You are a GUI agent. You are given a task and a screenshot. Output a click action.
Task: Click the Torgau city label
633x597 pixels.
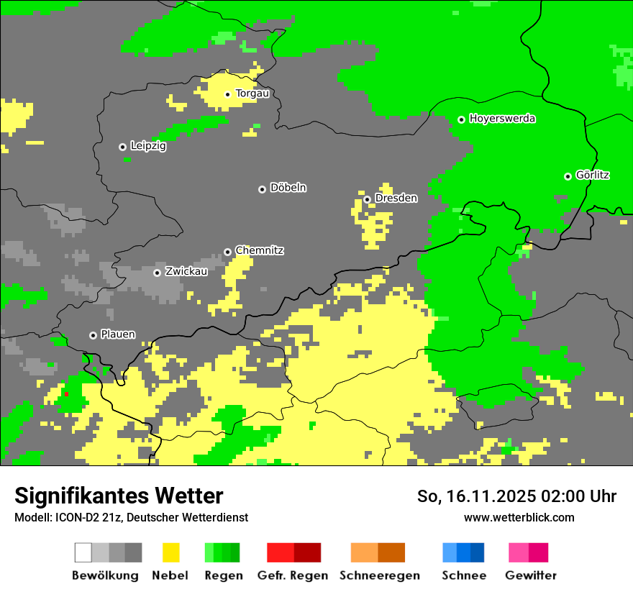coord(252,94)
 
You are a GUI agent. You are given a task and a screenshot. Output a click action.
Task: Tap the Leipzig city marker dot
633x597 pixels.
coord(122,147)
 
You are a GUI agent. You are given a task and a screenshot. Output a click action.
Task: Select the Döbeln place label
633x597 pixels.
coord(288,188)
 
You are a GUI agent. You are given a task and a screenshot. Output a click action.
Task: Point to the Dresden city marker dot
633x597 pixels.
coord(367,199)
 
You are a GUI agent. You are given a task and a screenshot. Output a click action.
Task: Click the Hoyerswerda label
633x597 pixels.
coord(502,119)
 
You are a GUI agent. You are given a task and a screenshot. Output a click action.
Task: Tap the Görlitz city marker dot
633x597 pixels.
coord(568,176)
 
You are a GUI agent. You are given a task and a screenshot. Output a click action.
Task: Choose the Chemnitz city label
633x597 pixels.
coord(259,250)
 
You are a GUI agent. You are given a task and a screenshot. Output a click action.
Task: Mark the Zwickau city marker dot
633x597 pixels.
coord(157,273)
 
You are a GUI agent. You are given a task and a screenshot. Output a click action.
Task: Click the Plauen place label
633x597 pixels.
coord(118,334)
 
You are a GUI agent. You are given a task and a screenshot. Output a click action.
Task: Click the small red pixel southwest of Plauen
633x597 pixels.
coord(66,394)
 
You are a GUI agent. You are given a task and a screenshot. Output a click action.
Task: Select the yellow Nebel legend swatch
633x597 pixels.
coord(170,552)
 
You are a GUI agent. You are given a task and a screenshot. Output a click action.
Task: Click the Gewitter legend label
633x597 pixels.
coord(531,575)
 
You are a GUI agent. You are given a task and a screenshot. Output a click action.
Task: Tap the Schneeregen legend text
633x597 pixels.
coord(379,575)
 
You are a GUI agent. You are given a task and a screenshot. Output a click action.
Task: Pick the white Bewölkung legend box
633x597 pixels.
coord(83,552)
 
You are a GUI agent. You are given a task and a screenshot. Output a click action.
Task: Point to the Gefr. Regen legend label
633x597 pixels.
coord(293,575)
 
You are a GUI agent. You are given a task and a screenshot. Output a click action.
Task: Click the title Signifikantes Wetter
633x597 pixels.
coord(119,496)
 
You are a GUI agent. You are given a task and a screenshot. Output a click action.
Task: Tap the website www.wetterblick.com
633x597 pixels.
coord(519,517)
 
